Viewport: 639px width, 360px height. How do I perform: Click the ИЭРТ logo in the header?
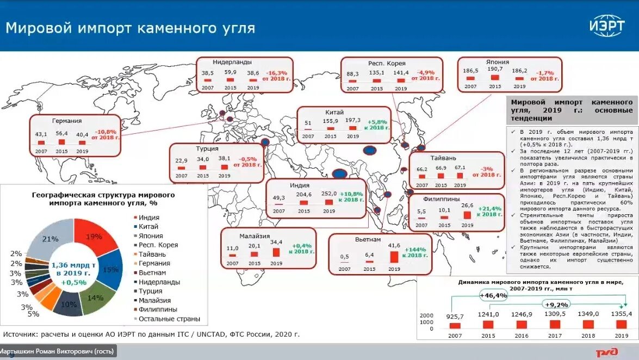tap(607, 26)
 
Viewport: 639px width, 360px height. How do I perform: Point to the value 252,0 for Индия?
tap(328, 194)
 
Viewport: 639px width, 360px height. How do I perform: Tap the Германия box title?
tap(67, 121)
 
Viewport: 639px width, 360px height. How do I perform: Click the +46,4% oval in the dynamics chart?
tap(493, 295)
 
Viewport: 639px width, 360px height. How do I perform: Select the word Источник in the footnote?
tap(22, 334)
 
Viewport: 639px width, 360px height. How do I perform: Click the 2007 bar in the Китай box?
tap(308, 128)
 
